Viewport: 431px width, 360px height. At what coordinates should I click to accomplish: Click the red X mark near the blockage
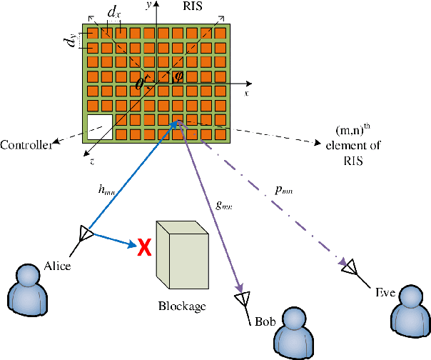[x=144, y=247]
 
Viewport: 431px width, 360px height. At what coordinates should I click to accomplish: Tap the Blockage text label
[x=182, y=307]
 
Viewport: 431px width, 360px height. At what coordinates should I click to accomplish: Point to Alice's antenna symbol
[x=85, y=234]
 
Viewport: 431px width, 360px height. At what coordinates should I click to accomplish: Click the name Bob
[x=265, y=321]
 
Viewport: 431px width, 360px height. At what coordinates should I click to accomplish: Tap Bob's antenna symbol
[x=243, y=298]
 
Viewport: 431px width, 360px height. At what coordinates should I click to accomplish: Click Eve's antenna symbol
[x=349, y=266]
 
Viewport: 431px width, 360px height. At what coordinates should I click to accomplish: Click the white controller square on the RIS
[x=99, y=126]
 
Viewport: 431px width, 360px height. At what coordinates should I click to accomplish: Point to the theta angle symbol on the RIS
[x=140, y=84]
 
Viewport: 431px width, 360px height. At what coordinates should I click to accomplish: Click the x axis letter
[x=247, y=94]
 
